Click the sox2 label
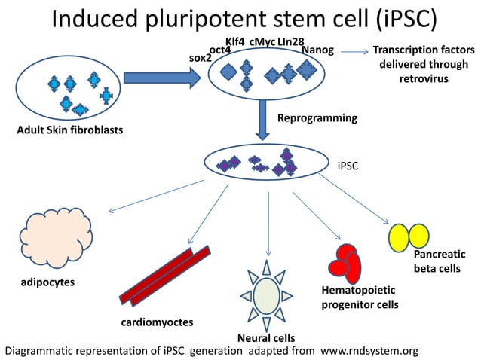pos(199,57)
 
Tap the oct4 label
pos(219,50)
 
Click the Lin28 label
pos(290,40)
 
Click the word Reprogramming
pos(317,118)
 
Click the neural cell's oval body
pos(265,294)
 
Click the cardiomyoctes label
pos(157,322)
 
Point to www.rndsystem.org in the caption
pos(368,351)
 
